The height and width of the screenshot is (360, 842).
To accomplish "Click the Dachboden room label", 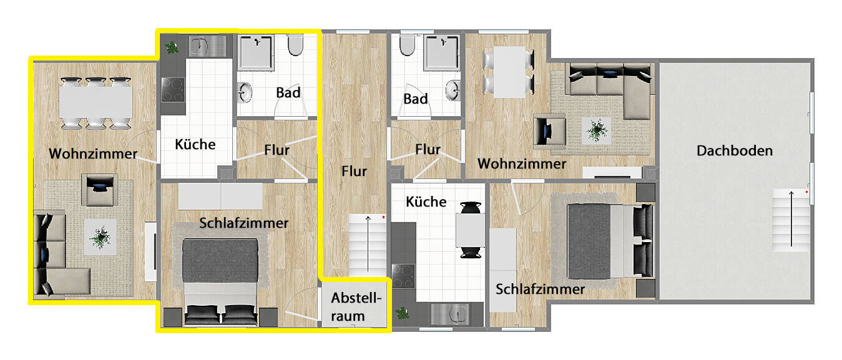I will tap(735, 150).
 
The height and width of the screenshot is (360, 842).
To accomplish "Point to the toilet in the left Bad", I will tap(295, 46).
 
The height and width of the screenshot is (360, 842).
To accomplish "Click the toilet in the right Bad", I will tap(406, 46).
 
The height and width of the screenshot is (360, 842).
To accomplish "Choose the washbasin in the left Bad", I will tap(245, 94).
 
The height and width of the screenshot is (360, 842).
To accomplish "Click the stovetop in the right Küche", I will tap(403, 276).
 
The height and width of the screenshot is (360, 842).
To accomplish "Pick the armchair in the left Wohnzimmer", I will tap(99, 189).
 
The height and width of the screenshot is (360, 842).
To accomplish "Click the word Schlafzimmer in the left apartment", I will tap(244, 223).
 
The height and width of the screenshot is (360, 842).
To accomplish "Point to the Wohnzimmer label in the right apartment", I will tap(522, 163).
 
